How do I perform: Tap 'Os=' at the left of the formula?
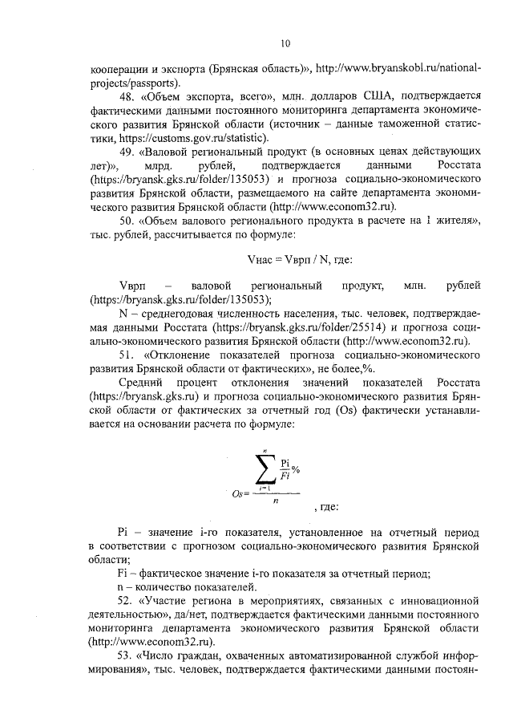tap(241, 494)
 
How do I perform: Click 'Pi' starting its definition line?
tap(123, 533)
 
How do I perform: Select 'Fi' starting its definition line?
tap(123, 573)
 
